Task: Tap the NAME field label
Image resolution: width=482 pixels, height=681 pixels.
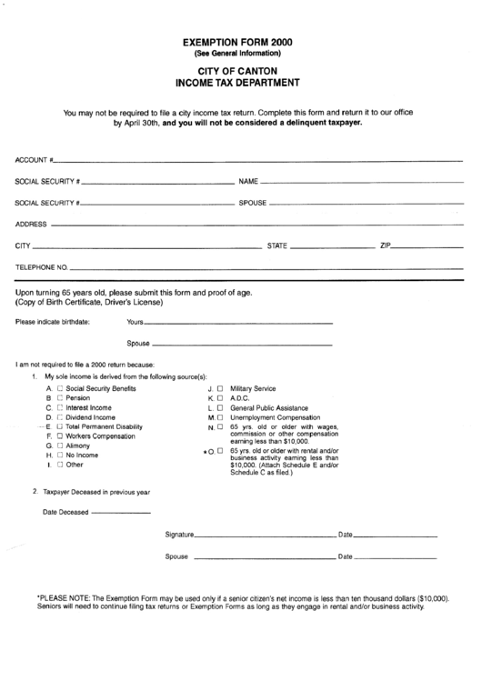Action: click(x=249, y=181)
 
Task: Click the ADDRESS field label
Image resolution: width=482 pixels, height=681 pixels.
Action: click(x=31, y=224)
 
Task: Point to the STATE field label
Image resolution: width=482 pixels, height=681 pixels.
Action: click(x=276, y=245)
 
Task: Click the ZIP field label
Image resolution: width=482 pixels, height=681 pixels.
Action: click(x=386, y=245)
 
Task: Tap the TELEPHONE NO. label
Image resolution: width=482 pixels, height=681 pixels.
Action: click(x=41, y=268)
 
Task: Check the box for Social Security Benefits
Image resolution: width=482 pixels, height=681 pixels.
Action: click(x=60, y=388)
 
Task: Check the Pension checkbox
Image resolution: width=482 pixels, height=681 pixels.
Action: click(x=60, y=398)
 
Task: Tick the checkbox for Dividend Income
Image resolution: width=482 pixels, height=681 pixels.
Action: click(x=60, y=417)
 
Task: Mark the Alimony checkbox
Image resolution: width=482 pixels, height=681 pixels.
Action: click(x=60, y=446)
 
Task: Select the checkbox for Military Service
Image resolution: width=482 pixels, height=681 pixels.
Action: click(x=219, y=388)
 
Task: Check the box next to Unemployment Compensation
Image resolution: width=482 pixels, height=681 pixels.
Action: click(x=219, y=417)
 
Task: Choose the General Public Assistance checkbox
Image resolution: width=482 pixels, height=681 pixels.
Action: click(x=219, y=408)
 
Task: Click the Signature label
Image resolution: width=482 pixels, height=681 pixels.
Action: click(x=180, y=535)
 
